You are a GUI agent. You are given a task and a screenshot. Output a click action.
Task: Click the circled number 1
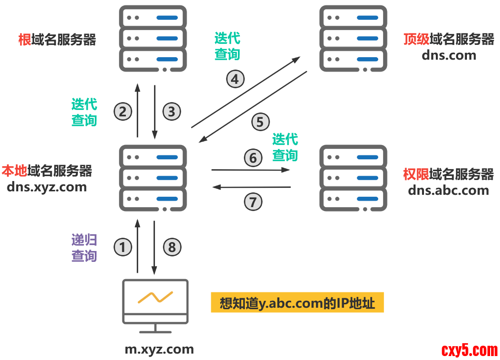(123, 247)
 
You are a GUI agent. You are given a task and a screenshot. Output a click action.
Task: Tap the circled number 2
(123, 111)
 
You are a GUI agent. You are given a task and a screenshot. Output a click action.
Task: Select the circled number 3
(171, 111)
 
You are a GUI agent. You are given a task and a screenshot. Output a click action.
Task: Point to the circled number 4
(235, 79)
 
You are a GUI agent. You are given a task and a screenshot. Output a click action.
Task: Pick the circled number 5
(260, 121)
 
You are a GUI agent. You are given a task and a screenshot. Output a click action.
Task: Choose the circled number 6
(253, 158)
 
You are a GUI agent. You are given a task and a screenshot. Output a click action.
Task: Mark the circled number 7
(253, 201)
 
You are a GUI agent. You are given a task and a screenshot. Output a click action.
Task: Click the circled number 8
(172, 247)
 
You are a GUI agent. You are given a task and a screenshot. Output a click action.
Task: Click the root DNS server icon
(153, 38)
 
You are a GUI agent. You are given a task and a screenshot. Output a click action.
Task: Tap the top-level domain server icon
(352, 38)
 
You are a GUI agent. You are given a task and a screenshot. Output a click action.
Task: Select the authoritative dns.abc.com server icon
(352, 179)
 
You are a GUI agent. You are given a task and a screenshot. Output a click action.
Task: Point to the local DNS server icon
(153, 179)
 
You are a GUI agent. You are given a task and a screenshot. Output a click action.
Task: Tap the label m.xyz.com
(159, 350)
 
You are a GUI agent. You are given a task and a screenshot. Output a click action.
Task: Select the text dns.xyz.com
(47, 187)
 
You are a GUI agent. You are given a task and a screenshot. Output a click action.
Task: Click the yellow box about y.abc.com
(297, 303)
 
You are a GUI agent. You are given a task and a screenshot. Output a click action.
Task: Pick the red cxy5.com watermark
(469, 350)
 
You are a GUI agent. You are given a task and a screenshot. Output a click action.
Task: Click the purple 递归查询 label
(84, 248)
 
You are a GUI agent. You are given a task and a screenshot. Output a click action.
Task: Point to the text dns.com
(449, 55)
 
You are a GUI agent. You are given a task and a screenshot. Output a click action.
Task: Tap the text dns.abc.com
(448, 190)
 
